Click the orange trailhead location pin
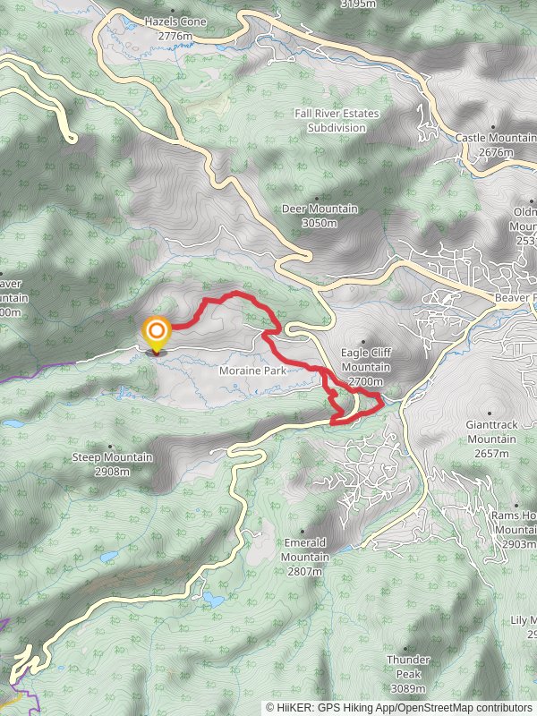pyautogui.click(x=157, y=333)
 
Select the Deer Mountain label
pyautogui.click(x=320, y=209)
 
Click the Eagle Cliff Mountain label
pyautogui.click(x=365, y=361)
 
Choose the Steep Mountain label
pyautogui.click(x=112, y=457)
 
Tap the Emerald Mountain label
pyautogui.click(x=305, y=550)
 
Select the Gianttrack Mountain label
pyautogui.click(x=490, y=433)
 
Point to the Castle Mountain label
pyautogui.click(x=495, y=138)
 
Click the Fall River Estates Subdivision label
pyautogui.click(x=337, y=121)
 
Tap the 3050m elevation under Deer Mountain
pyautogui.click(x=320, y=222)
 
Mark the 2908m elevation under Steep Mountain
pyautogui.click(x=112, y=471)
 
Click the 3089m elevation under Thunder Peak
pyautogui.click(x=408, y=688)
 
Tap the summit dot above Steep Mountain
pyautogui.click(x=111, y=446)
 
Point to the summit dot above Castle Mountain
pyautogui.click(x=493, y=127)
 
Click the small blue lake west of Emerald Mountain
pyautogui.click(x=213, y=595)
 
